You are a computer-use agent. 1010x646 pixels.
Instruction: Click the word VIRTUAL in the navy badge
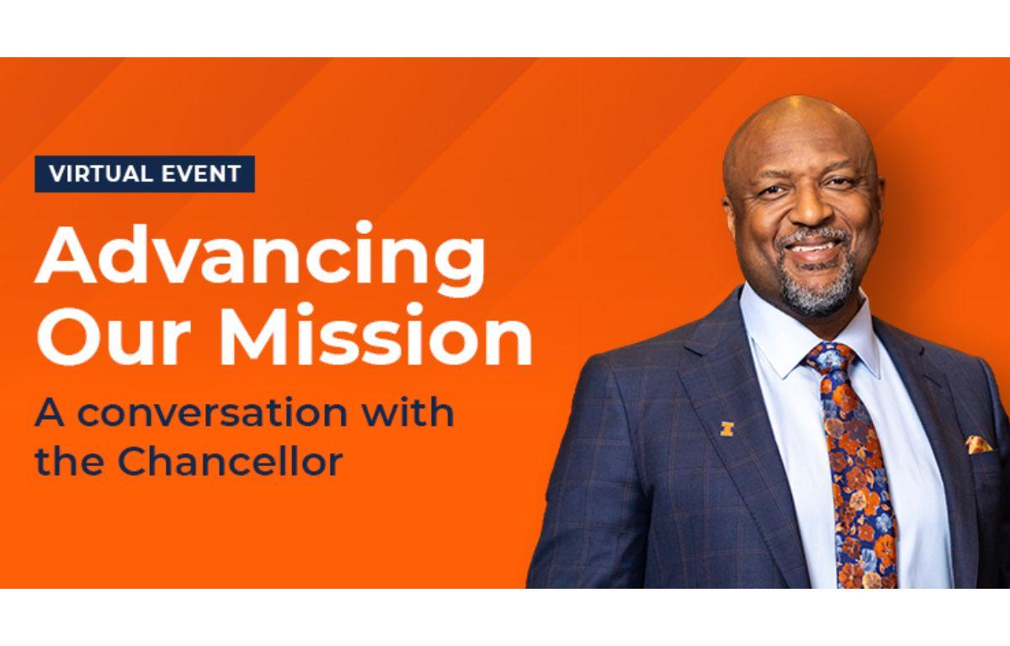[x=100, y=174]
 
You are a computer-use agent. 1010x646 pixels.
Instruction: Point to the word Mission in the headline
[x=375, y=334]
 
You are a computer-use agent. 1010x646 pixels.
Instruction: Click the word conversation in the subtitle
[x=213, y=413]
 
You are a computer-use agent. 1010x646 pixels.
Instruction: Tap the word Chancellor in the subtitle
[x=230, y=461]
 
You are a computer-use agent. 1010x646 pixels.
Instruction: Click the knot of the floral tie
[x=831, y=359]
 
